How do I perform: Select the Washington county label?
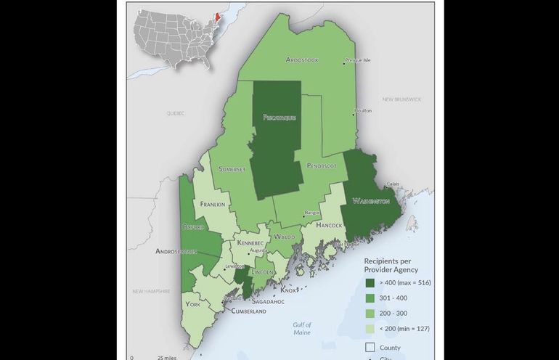click(370, 200)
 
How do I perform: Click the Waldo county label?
click(285, 237)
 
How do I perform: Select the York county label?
click(192, 304)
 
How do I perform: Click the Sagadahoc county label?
click(269, 300)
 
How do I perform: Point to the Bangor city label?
click(312, 213)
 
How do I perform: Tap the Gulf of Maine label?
click(302, 328)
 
